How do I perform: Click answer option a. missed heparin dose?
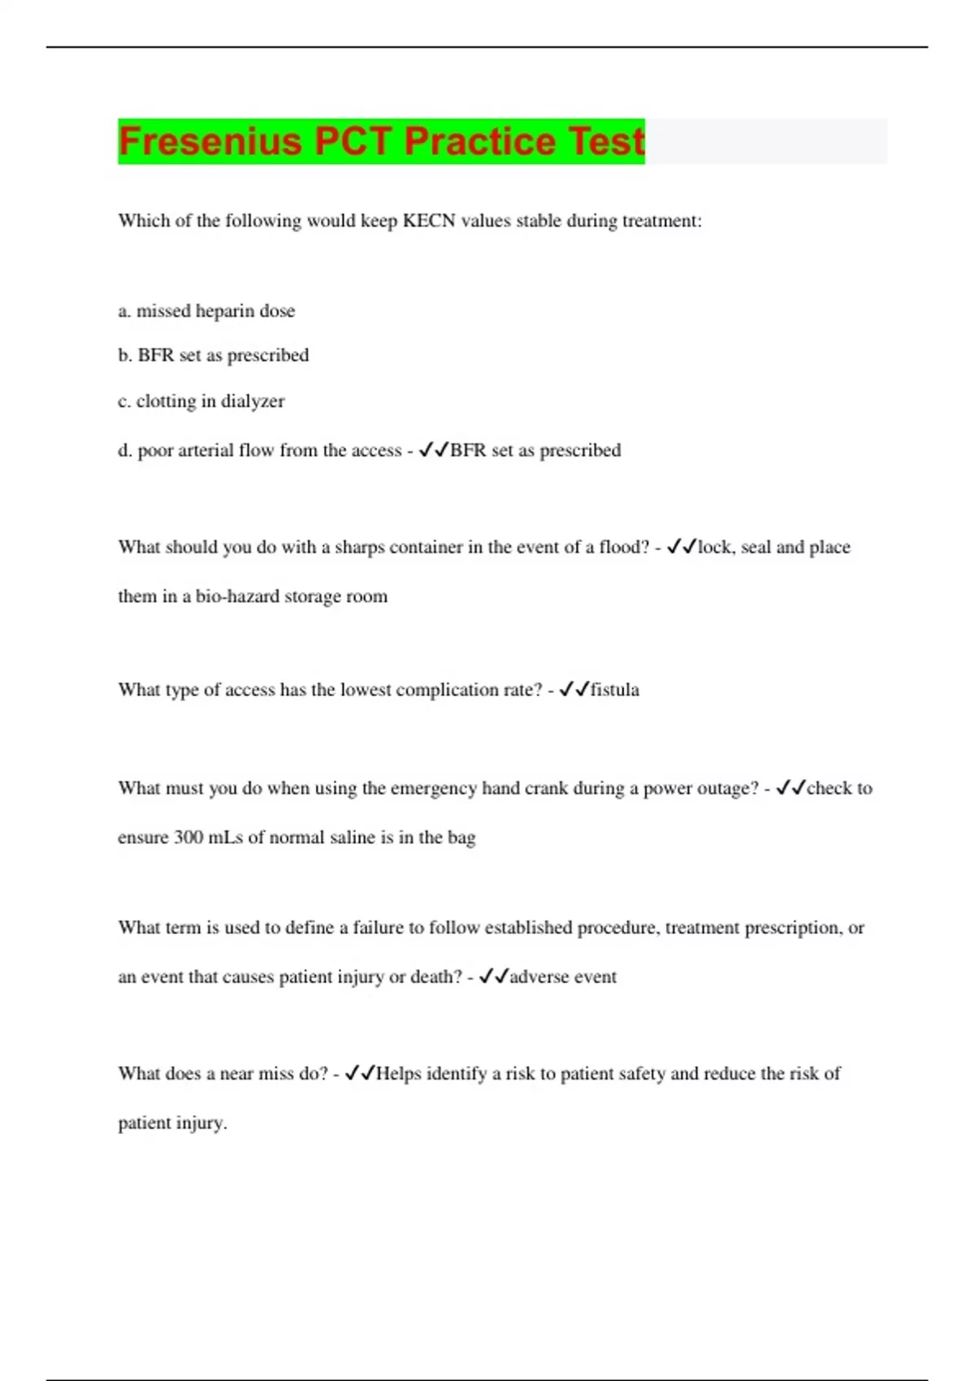206,311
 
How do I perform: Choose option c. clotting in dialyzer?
201,401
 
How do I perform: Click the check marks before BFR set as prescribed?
433,450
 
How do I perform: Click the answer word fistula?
614,690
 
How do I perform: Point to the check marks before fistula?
574,690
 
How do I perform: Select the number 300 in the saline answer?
188,838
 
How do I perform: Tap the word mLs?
225,838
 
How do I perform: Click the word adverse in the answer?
539,976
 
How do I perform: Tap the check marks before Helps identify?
359,1074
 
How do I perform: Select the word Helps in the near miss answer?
398,1074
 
